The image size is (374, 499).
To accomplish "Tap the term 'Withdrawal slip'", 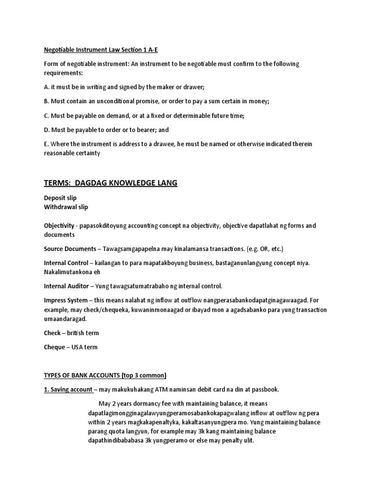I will [x=66, y=207].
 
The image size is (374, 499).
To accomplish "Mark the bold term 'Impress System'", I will [x=67, y=300].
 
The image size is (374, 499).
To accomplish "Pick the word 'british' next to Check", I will [x=75, y=332].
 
